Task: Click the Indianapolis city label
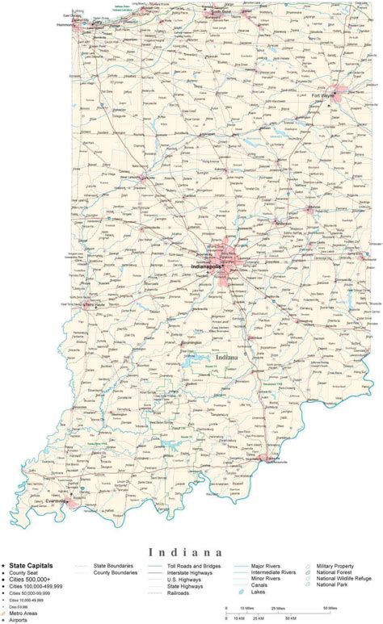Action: (x=208, y=265)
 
